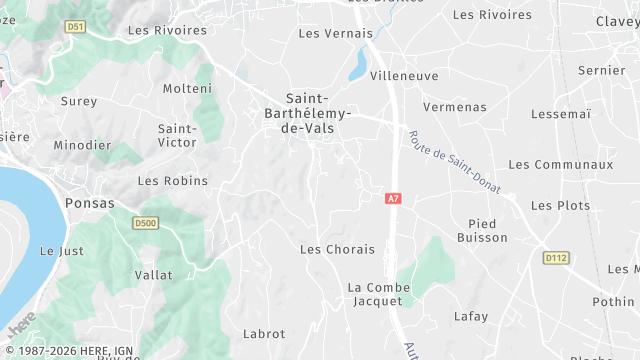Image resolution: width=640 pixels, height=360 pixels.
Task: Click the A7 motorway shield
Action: pos(393,199)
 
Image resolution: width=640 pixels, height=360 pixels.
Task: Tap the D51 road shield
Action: pos(75,27)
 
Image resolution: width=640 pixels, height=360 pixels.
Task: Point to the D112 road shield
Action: pos(556,258)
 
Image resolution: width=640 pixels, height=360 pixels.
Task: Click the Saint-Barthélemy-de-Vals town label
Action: pos(318,113)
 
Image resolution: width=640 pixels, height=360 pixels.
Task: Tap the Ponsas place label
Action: pos(89,202)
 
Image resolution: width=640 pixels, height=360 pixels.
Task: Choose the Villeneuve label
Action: pos(405,76)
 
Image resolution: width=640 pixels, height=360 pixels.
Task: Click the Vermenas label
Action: pos(454,107)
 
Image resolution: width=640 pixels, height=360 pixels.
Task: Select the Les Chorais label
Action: pos(337,249)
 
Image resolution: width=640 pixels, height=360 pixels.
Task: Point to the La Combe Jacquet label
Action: pos(379,294)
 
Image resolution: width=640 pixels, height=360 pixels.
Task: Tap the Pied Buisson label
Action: pos(482,230)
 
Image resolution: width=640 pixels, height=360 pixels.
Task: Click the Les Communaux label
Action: pos(560,164)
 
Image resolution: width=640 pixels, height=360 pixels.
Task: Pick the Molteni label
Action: pos(188,89)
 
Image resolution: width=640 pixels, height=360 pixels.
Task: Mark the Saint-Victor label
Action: pos(177,136)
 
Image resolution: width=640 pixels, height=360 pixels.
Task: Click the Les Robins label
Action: pos(172,181)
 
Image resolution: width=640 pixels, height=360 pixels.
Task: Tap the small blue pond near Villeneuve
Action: pos(357,67)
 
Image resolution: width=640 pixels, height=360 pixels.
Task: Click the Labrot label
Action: pos(264,334)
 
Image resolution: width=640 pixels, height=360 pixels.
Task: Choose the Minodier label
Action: pos(82,145)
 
